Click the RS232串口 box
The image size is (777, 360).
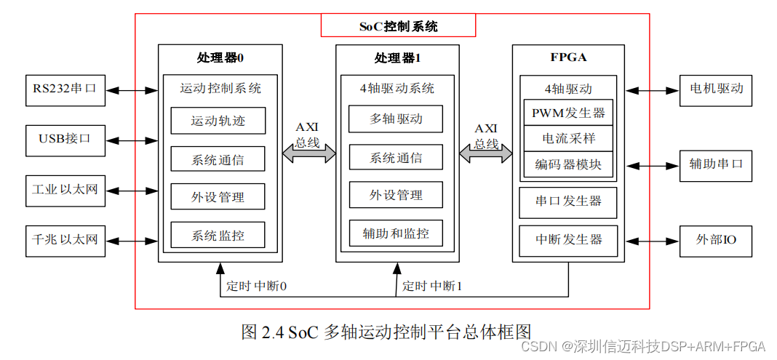[x=64, y=89]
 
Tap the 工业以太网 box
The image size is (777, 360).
[x=64, y=191]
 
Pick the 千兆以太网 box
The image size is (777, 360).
[x=64, y=239]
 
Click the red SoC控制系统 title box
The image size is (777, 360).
[x=398, y=26]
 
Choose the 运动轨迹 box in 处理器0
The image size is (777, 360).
[x=218, y=121]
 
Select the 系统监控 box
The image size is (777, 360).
[x=218, y=235]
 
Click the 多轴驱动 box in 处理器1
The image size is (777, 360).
[x=396, y=119]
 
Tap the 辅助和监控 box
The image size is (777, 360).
[x=396, y=233]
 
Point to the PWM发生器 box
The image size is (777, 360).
[x=568, y=113]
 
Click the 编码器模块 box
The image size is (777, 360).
[x=568, y=164]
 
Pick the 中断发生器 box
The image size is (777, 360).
[x=568, y=238]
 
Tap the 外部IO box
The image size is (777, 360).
[x=716, y=239]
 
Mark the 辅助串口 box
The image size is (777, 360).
[x=716, y=164]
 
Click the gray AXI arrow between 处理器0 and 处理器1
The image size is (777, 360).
[x=309, y=153]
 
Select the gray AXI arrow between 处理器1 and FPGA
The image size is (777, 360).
[x=485, y=153]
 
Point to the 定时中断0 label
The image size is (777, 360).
[x=257, y=287]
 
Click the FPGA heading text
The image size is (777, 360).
[x=568, y=57]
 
